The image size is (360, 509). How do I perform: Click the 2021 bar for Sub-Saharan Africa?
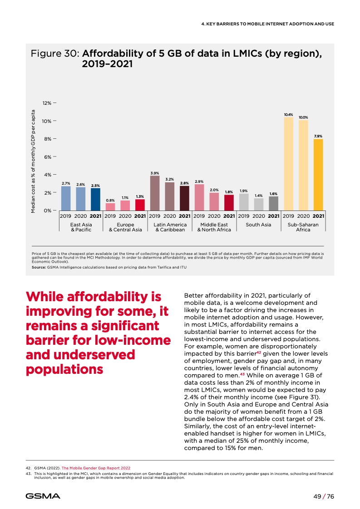pyautogui.click(x=318, y=175)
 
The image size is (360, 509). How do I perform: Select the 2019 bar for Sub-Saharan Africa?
pyautogui.click(x=288, y=164)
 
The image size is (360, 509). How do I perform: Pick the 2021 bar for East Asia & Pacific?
pyautogui.click(x=95, y=200)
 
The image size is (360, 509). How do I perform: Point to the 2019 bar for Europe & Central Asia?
pyautogui.click(x=110, y=207)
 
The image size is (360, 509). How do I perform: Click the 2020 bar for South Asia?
pyautogui.click(x=259, y=205)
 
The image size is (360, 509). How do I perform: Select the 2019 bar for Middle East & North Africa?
pyautogui.click(x=199, y=197)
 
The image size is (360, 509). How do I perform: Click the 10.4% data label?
pyautogui.click(x=288, y=115)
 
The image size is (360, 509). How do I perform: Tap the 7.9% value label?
pyautogui.click(x=318, y=136)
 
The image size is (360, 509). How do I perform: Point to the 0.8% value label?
pyautogui.click(x=110, y=200)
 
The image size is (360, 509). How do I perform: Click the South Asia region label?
pyautogui.click(x=258, y=225)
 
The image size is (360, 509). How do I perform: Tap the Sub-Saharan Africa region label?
pyautogui.click(x=303, y=227)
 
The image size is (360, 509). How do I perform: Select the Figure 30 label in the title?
pyautogui.click(x=55, y=54)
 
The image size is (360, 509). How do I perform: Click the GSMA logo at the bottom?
pyautogui.click(x=43, y=496)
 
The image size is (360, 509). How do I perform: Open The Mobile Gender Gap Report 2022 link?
pyautogui.click(x=99, y=467)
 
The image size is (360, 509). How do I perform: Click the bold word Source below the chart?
pyautogui.click(x=38, y=267)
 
